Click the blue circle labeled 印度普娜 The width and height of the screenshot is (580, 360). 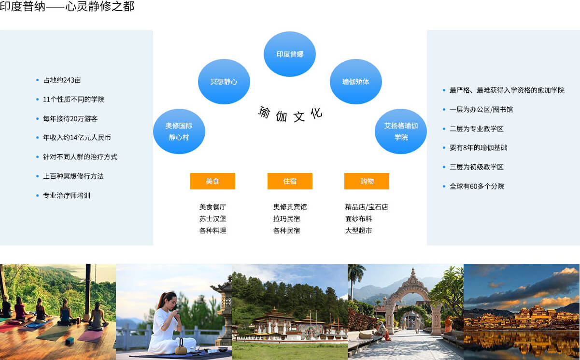[x=289, y=54]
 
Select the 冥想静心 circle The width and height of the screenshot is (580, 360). [x=224, y=82]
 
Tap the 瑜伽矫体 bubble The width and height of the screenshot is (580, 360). [x=355, y=82]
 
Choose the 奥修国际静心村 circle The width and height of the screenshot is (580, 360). [x=179, y=131]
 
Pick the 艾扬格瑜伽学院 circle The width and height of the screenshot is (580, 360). [x=401, y=131]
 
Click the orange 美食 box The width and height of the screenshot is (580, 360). [x=212, y=181]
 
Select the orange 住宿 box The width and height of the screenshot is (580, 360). [x=290, y=181]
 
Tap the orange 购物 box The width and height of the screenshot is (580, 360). [x=367, y=181]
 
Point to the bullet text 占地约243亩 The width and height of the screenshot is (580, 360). [x=62, y=80]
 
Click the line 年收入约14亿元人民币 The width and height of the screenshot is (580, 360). [x=77, y=138]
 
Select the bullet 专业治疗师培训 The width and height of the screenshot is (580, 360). [x=67, y=196]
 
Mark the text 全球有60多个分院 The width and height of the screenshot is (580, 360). [x=477, y=186]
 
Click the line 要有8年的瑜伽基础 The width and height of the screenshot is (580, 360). [x=479, y=148]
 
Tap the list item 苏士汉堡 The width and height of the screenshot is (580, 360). [x=213, y=219]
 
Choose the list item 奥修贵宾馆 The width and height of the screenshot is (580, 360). [x=290, y=207]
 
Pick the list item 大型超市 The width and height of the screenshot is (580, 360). [x=359, y=230]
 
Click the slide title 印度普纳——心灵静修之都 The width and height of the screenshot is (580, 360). [x=67, y=6]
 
